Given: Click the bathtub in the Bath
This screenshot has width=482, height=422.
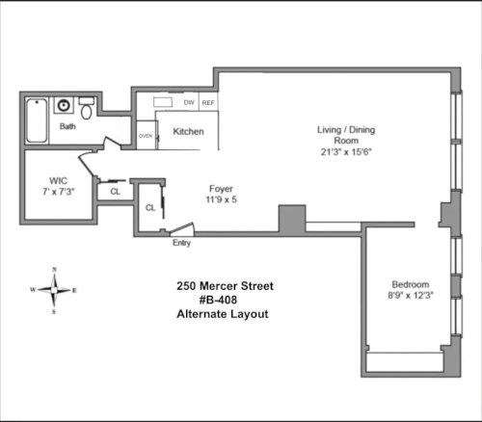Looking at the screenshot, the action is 37,120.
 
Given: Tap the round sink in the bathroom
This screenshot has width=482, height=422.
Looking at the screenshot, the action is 64,105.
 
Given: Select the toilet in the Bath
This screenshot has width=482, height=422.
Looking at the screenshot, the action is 87,108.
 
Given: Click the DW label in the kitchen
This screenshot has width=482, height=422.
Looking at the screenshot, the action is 189,102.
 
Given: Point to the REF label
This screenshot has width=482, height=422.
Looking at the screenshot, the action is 208,103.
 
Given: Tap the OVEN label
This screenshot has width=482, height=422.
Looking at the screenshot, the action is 146,136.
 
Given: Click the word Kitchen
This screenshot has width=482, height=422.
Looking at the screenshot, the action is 188,131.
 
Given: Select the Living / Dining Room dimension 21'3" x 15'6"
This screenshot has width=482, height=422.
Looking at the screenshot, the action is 346,151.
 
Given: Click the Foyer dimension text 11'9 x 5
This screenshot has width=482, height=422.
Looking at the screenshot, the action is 221,199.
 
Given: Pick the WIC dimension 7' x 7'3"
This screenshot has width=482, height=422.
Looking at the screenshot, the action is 59,192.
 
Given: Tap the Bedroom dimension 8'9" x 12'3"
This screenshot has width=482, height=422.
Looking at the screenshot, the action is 411,295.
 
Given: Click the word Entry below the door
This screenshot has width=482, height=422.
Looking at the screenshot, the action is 181,243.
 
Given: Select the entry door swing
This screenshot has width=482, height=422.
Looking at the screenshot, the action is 182,229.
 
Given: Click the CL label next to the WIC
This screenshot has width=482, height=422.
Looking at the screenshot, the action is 115,192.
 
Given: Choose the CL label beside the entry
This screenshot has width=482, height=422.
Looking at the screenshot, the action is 150,208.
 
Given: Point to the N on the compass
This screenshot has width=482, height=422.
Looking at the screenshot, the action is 54,270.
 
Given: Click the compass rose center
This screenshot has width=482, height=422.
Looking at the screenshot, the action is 54,290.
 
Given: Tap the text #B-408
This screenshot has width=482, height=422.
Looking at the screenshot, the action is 218,300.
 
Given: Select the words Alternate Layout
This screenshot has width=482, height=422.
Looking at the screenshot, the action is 223,314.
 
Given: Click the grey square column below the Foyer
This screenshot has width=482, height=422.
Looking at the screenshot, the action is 292,219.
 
